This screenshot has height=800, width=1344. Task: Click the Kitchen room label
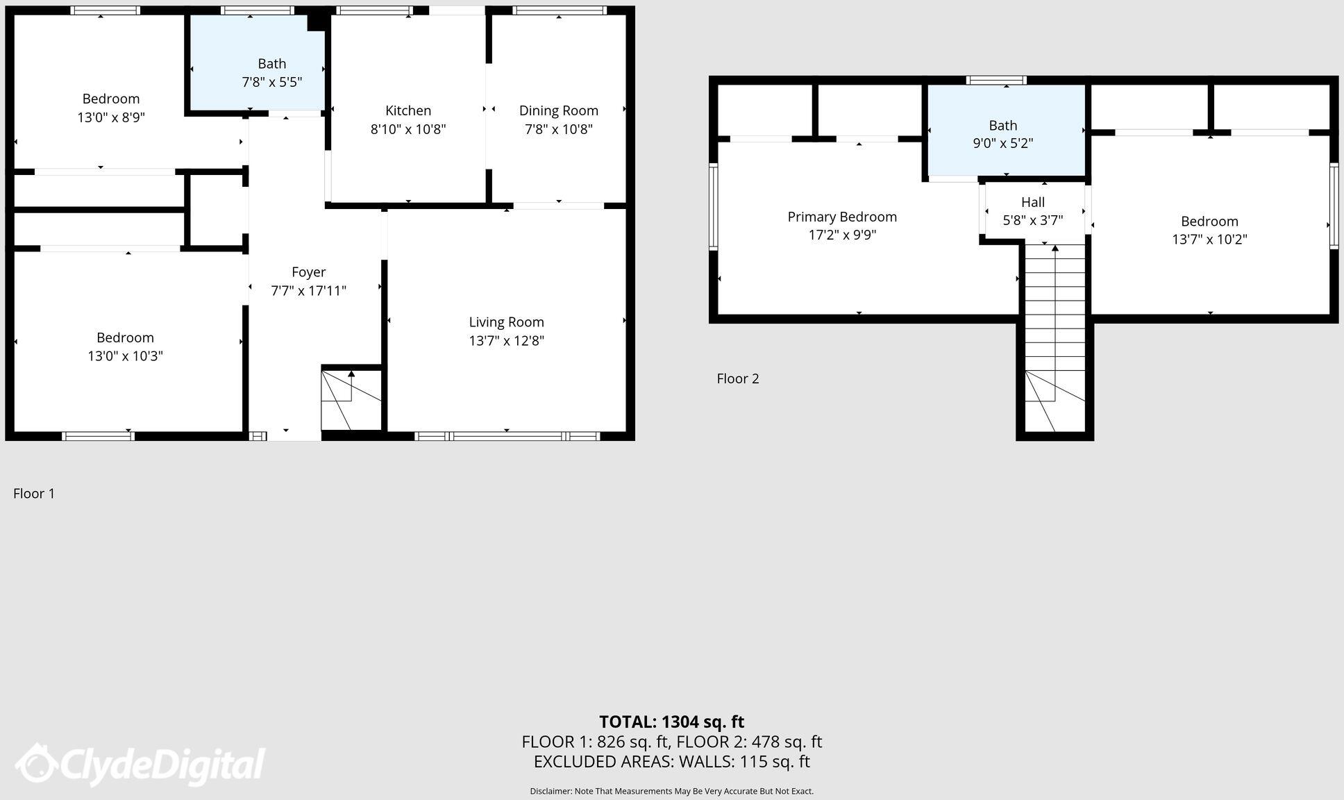coord(408,110)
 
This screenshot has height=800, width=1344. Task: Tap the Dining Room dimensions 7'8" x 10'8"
coord(558,129)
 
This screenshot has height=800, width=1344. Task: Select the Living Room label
coord(506,322)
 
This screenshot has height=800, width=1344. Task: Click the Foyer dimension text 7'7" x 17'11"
coord(308,290)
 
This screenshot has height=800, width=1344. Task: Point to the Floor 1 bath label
coord(271,64)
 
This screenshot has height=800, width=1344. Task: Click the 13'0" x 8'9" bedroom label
coord(111,99)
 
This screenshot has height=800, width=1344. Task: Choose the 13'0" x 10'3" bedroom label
coord(125,338)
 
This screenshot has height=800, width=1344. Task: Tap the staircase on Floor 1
coord(351,400)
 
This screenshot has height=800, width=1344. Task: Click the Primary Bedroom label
coord(841,217)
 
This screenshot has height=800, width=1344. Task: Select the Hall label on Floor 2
coord(1032,202)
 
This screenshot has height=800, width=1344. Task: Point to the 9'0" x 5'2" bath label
coord(1002,126)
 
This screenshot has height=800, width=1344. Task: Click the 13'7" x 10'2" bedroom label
coord(1209,222)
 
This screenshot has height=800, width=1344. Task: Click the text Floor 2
coord(737,378)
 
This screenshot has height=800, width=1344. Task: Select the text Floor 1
coord(34,494)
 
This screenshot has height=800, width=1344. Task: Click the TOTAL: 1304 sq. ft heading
coord(671,722)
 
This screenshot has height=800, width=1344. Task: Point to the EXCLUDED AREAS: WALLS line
coord(671,762)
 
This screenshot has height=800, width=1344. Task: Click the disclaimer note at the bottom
coord(671,791)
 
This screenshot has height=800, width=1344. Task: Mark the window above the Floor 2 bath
coord(996,81)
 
